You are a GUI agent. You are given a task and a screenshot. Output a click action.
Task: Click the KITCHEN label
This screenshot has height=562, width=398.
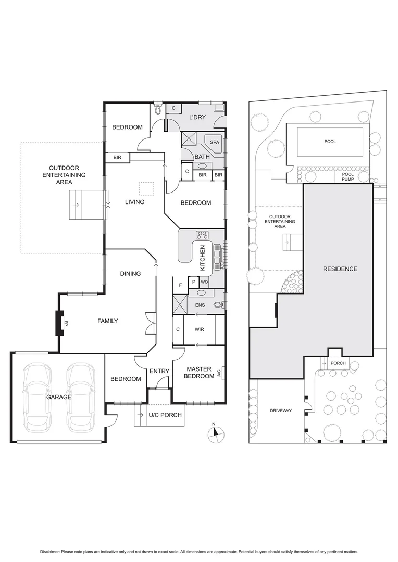coord(203,258)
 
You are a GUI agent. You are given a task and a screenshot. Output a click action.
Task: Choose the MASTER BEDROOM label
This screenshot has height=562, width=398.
coord(199,373)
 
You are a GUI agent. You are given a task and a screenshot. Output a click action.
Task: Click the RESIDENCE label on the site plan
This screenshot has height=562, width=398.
coord(340,269)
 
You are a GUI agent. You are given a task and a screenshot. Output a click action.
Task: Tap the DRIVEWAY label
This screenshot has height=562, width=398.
coord(280,411)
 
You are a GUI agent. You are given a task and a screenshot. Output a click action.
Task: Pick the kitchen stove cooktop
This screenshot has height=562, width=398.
coord(202,235)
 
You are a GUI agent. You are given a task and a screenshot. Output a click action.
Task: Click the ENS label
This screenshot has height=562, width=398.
coord(200,305)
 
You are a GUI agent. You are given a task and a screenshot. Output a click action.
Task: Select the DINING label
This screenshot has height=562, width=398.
coord(130,274)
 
